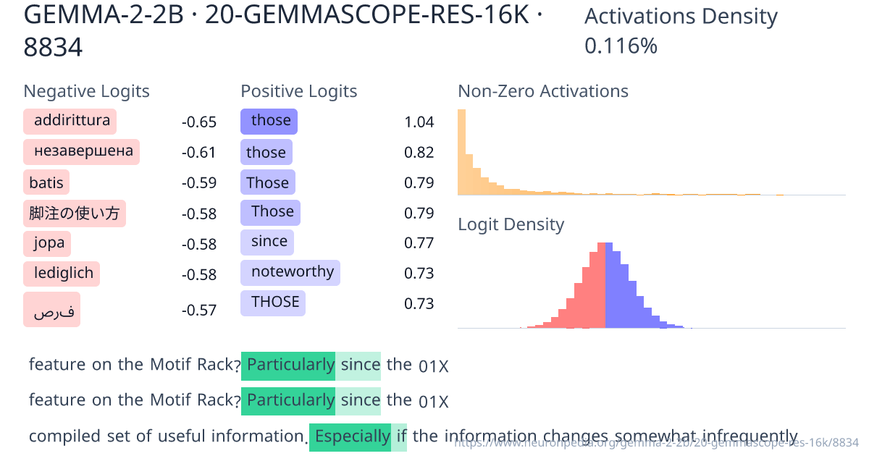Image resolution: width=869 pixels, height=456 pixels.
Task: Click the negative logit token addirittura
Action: coord(70,121)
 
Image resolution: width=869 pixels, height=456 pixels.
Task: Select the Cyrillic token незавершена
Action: coord(82,151)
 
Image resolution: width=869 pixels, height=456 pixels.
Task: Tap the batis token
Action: coord(47,182)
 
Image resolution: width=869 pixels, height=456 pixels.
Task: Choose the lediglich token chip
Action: coord(62,274)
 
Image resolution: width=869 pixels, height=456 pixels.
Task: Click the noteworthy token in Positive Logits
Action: coord(290,273)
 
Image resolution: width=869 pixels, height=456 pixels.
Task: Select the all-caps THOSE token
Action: coord(273,303)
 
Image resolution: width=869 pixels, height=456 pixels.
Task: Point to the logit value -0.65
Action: coord(199,122)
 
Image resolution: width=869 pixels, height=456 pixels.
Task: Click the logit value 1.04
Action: coord(419,122)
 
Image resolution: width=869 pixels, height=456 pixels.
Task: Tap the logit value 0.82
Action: coord(419,152)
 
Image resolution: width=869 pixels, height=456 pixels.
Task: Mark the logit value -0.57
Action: coord(199,311)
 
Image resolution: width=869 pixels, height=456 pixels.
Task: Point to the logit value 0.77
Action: coord(419,242)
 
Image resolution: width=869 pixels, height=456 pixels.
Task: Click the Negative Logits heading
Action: coord(87,91)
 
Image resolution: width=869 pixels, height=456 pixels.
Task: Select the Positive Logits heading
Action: coord(299,91)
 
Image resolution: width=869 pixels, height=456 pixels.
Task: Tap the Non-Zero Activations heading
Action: coord(543,91)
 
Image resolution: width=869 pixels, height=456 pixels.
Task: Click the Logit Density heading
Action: coord(511,224)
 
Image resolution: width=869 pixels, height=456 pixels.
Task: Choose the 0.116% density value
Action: coord(621,46)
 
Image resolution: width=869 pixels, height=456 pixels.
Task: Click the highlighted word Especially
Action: coord(350,436)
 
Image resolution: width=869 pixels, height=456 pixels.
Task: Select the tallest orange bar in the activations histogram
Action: coord(461,152)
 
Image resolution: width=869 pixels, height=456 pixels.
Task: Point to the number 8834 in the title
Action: coord(53,48)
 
